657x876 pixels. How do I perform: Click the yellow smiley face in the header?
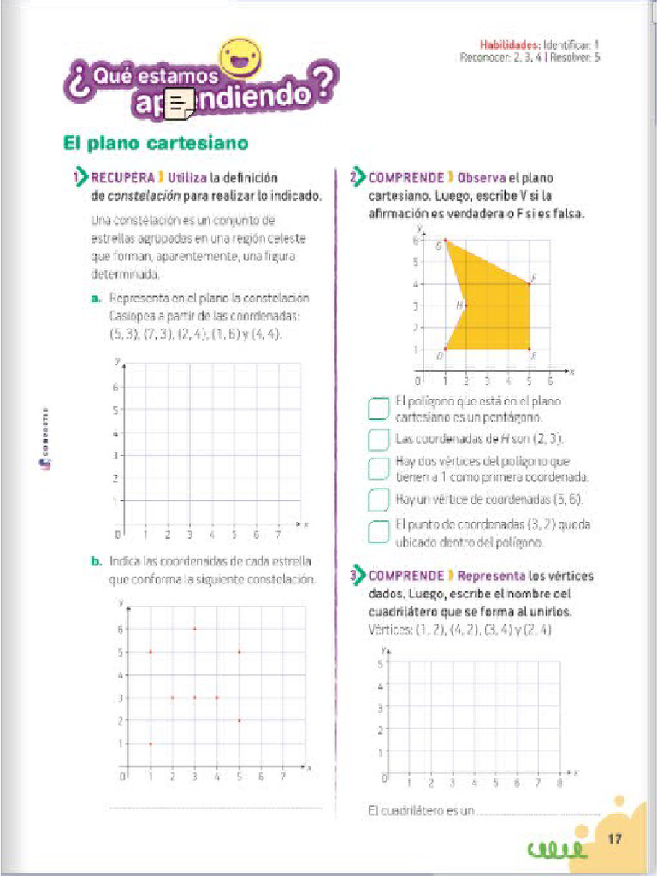240,57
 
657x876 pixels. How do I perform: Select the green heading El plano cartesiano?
156,143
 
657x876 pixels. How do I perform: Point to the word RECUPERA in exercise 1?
122,178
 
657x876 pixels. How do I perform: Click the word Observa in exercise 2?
482,178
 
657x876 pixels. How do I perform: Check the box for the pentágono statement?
378,409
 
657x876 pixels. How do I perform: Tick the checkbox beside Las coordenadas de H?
378,440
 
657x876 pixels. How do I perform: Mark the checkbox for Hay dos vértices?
378,469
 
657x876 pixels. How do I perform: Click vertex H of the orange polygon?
465,305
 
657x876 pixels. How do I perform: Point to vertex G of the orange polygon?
445,240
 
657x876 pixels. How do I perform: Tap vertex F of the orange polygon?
530,349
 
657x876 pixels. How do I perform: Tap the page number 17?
614,840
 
